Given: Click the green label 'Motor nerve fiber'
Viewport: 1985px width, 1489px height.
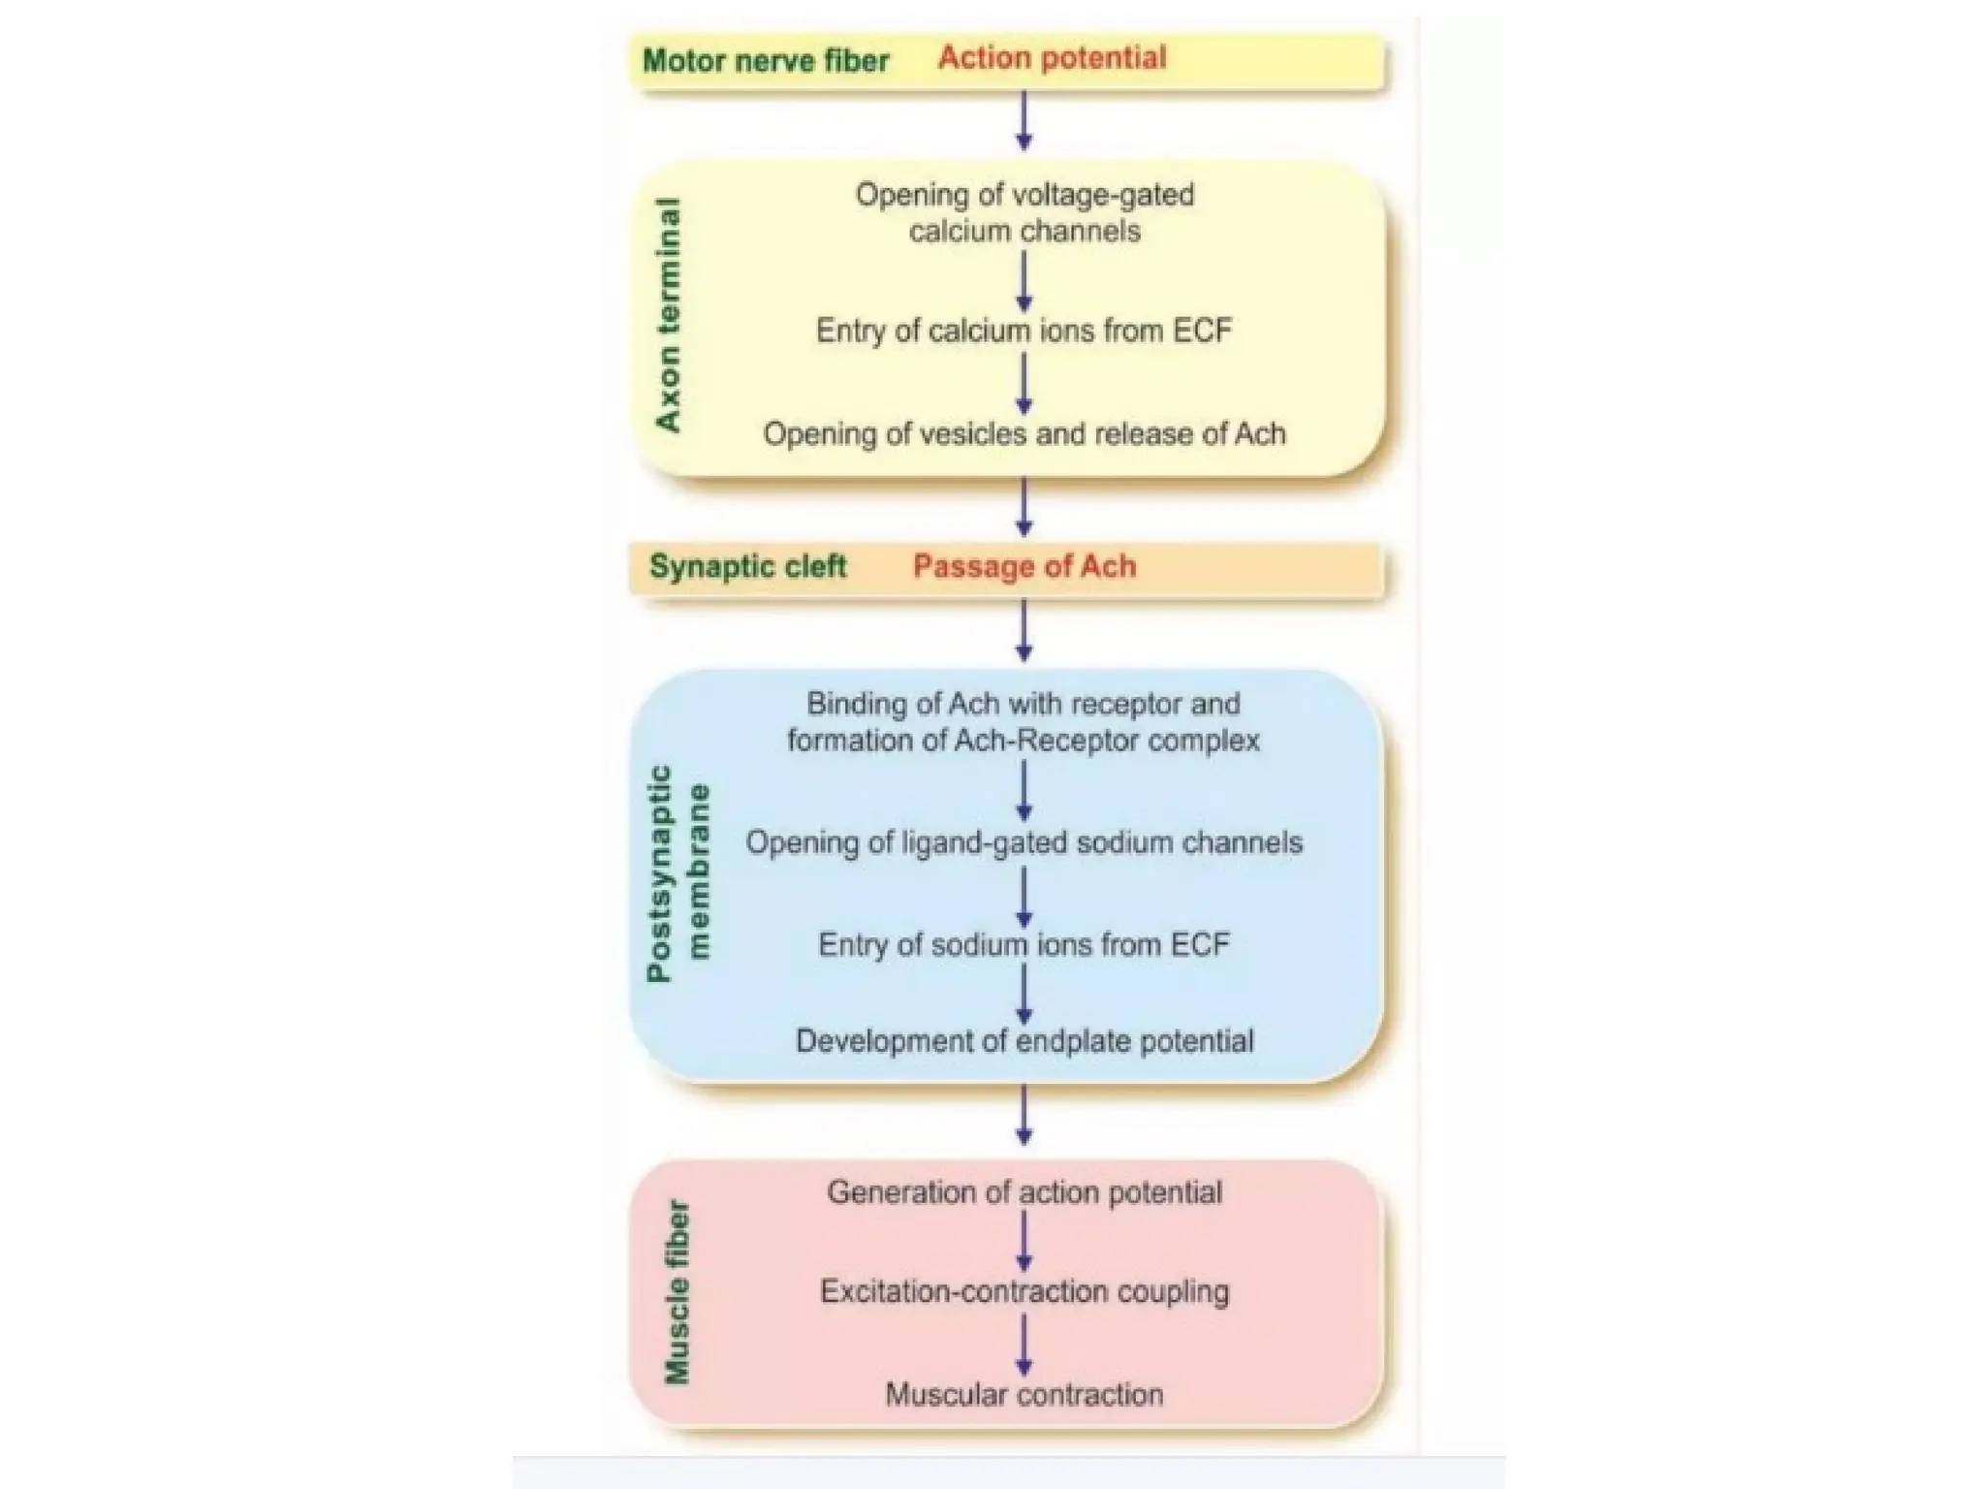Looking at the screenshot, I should point(766,61).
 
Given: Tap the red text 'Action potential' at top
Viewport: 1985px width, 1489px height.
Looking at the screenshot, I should point(1052,58).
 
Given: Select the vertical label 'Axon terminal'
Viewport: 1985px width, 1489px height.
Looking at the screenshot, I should point(669,316).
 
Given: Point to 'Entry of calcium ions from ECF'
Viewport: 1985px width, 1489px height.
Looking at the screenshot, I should point(1024,332).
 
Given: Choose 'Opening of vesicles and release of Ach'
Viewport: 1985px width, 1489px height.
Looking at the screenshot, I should point(1024,433).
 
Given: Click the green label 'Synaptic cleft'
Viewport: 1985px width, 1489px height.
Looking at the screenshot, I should point(747,567).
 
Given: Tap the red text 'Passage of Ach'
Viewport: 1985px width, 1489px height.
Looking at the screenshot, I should point(1024,567).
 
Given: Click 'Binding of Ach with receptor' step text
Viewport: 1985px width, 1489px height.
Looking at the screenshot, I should point(1024,722).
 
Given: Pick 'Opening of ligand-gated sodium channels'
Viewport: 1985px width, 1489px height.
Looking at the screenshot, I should point(1024,842).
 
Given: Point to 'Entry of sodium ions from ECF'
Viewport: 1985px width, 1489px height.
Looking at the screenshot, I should point(1024,944).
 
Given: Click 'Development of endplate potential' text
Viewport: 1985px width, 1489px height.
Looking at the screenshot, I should point(1024,1041).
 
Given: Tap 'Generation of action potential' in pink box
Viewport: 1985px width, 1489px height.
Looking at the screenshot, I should point(1024,1192).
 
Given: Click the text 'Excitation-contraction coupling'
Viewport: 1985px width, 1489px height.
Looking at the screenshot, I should point(1024,1292).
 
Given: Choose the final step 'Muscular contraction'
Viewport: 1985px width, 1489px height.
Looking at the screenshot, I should point(1024,1395).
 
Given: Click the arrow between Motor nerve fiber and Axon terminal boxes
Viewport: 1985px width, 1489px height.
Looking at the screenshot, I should point(1024,121).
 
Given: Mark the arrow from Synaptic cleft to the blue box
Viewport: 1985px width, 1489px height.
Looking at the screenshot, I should point(1024,630).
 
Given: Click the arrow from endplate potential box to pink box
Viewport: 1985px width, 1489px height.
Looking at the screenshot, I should point(1024,1115).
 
